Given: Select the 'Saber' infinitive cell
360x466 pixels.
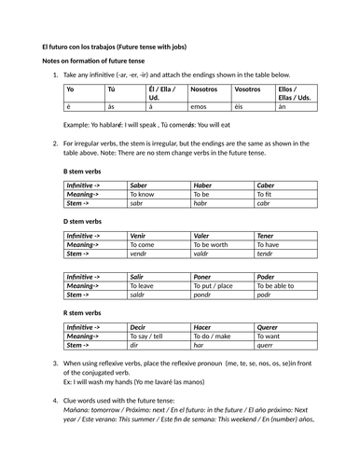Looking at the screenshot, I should [139, 185].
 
